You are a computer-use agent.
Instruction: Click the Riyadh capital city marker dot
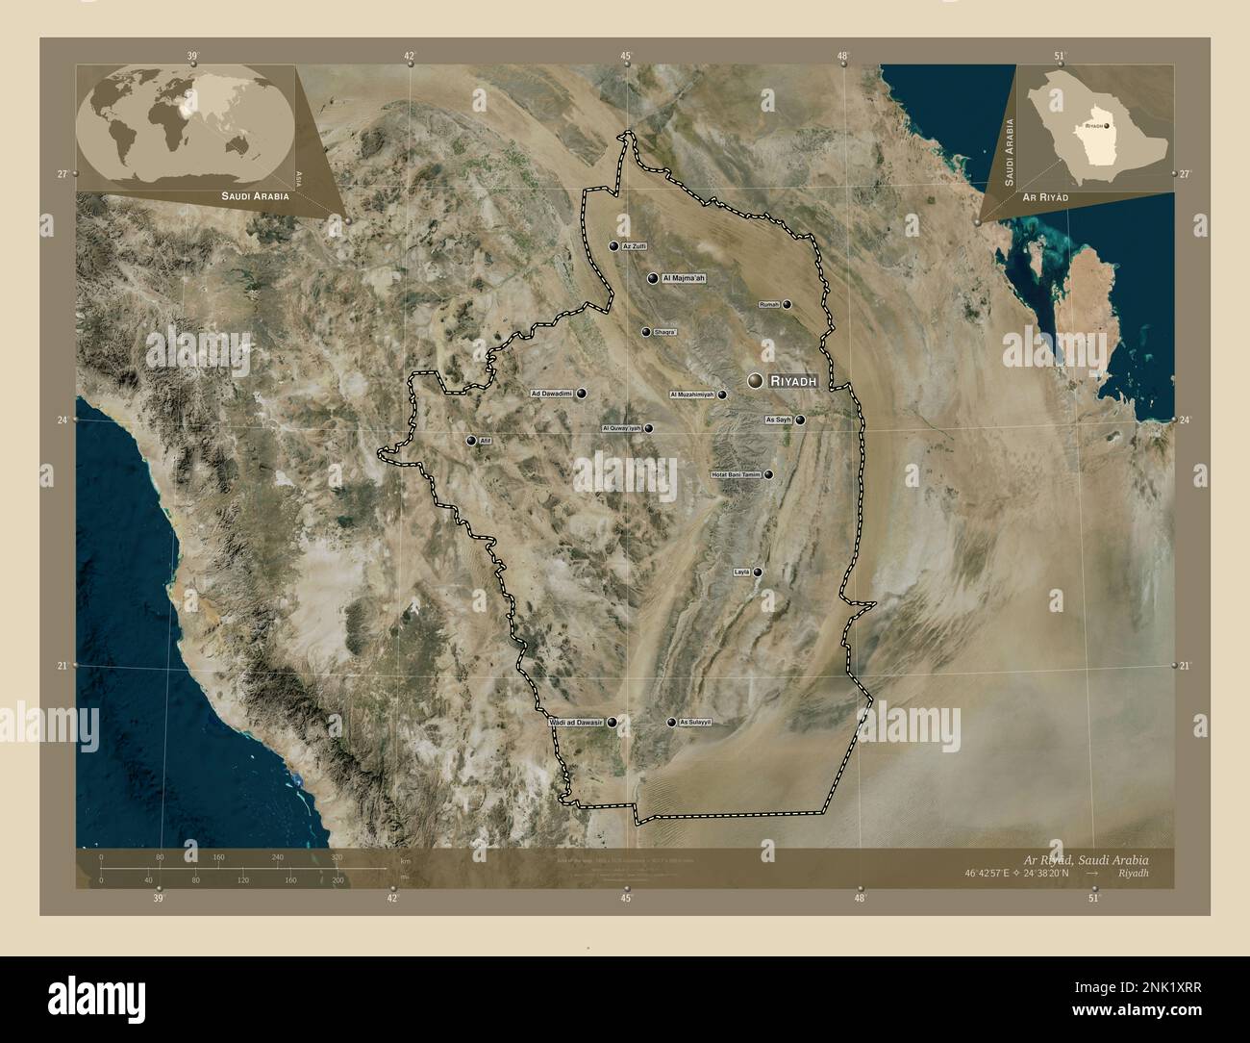point(756,382)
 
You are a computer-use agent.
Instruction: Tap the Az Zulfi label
point(635,246)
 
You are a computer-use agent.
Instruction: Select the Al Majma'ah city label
point(684,278)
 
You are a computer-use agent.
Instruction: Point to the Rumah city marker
point(787,305)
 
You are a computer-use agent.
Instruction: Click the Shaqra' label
point(665,332)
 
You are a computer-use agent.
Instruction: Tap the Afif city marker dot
point(471,441)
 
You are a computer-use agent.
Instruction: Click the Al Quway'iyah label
point(620,428)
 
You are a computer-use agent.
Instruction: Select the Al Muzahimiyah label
point(692,394)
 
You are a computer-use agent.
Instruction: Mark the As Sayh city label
point(778,420)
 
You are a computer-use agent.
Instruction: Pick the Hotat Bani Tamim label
point(736,474)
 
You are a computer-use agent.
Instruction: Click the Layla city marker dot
point(758,572)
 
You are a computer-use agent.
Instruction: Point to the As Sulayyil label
point(695,722)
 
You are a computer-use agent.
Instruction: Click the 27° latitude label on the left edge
point(62,173)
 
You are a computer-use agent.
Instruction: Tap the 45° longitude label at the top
point(626,57)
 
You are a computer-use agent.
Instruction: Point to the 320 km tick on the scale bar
point(337,856)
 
